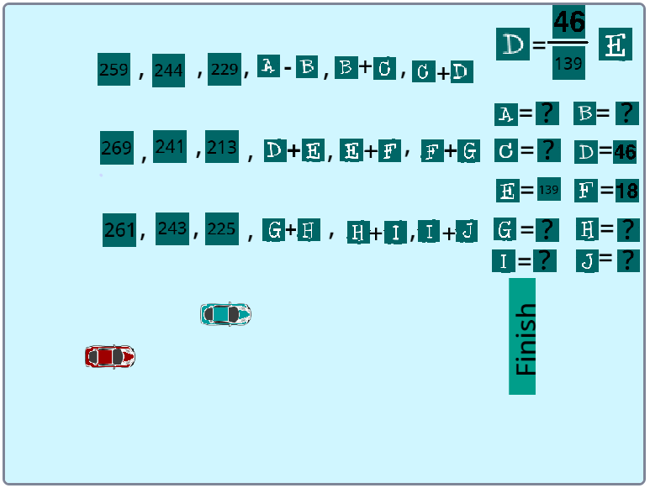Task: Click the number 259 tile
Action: pos(114,70)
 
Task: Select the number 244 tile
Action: pos(168,71)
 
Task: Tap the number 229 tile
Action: pos(225,69)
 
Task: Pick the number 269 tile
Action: pos(116,148)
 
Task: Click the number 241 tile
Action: pos(170,147)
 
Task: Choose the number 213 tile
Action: pos(222,147)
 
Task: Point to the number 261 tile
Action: pos(119,230)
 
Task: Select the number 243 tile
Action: pos(172,228)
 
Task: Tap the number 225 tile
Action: pos(221,228)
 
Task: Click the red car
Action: pos(109,356)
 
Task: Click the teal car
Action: pos(225,314)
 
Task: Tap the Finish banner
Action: pos(522,336)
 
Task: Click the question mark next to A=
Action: pos(547,113)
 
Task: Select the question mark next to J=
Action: pos(627,260)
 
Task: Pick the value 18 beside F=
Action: pos(626,191)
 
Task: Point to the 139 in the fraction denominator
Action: pos(569,62)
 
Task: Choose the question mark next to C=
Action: pos(547,150)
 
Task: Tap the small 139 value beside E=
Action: pos(548,190)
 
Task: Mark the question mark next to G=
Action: pos(547,228)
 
